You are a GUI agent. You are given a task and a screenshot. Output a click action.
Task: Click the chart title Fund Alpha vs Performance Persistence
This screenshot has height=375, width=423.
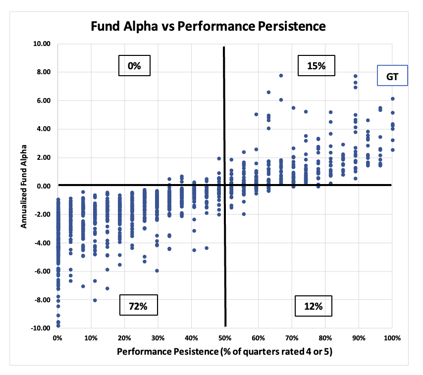point(208,26)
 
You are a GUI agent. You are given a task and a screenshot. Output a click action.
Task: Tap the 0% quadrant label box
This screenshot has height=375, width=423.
point(134,65)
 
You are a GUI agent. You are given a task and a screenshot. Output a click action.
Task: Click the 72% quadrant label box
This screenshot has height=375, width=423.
point(138,306)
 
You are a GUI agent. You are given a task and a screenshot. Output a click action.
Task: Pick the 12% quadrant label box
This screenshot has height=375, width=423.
point(313,306)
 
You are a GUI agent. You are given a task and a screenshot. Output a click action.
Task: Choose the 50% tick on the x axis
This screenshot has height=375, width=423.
point(225,338)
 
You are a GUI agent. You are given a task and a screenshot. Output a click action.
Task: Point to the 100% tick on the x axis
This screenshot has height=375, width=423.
point(392,338)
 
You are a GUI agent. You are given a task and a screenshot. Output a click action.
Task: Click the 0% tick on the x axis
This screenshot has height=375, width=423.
point(57,338)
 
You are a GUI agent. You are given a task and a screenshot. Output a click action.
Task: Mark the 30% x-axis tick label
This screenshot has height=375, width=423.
point(158,338)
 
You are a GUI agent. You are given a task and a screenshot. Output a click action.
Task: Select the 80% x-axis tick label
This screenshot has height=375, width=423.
point(325,338)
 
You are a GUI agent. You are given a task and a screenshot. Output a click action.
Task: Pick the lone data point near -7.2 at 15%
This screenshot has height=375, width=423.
point(107,288)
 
